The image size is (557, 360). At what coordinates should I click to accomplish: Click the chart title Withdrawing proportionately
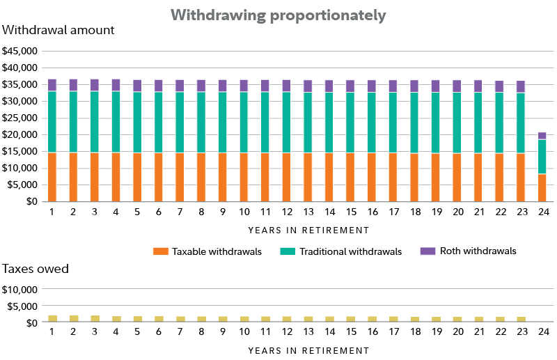click(x=278, y=15)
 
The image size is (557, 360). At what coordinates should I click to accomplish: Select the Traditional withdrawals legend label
click(x=350, y=251)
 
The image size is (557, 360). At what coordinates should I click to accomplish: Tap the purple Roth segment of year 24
click(x=542, y=136)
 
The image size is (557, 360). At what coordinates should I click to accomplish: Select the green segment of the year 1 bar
click(x=52, y=122)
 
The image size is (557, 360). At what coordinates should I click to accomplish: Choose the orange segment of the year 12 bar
click(x=287, y=177)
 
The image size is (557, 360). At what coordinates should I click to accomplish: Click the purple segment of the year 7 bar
click(x=180, y=86)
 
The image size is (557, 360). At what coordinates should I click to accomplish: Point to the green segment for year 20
click(x=457, y=123)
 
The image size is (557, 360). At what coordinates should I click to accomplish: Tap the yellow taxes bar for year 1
click(x=52, y=318)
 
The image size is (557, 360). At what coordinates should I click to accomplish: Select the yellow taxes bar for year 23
click(x=521, y=319)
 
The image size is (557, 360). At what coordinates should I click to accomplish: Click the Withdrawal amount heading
click(x=58, y=31)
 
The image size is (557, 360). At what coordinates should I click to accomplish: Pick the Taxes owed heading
click(x=36, y=269)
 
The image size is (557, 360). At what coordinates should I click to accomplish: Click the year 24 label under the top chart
click(x=542, y=210)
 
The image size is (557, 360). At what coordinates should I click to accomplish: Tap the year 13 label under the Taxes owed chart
click(x=308, y=331)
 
